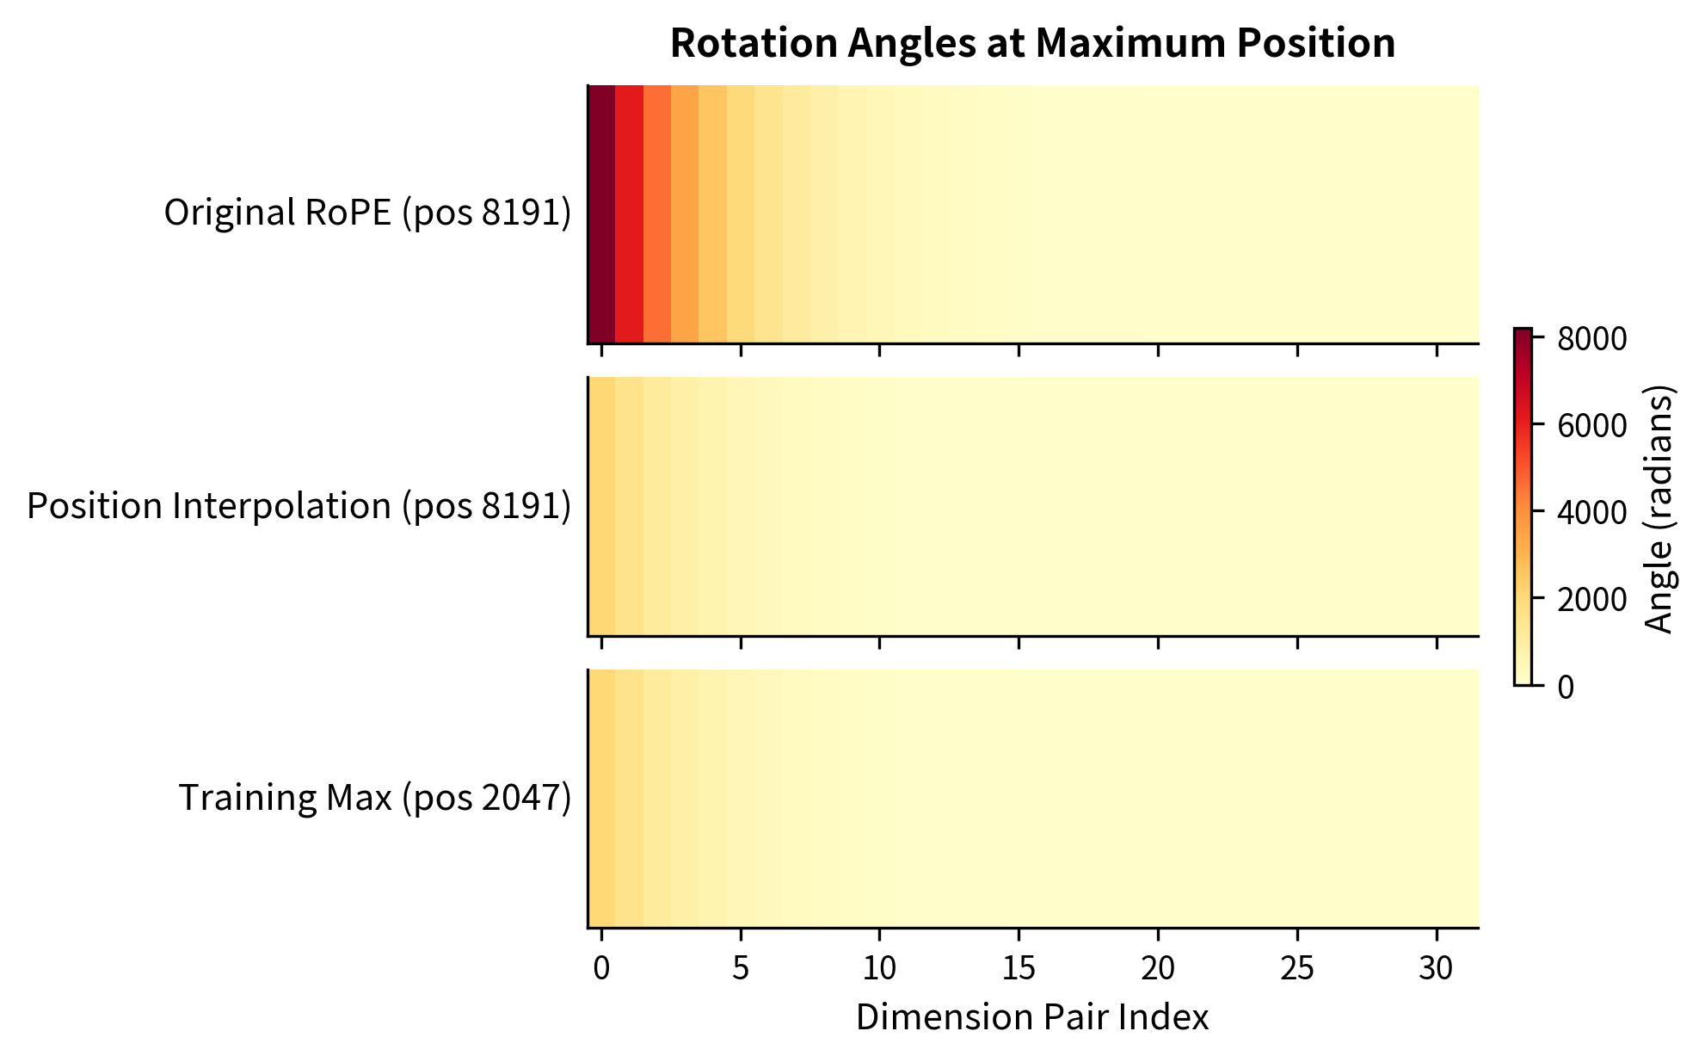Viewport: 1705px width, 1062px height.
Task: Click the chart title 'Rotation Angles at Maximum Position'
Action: click(x=1032, y=43)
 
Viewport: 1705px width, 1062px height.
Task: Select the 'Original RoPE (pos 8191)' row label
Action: click(x=367, y=213)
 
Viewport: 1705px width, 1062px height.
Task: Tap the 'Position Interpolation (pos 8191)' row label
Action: click(x=299, y=506)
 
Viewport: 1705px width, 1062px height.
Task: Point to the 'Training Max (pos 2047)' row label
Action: click(x=374, y=798)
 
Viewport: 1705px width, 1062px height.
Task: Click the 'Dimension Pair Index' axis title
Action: click(x=1032, y=1017)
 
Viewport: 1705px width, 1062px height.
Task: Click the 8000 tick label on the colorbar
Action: click(x=1592, y=339)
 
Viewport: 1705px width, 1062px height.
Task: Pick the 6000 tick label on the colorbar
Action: click(x=1592, y=426)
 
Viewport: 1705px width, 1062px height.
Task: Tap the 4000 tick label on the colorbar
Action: click(x=1592, y=513)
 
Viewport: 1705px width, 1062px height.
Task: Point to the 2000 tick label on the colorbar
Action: click(x=1592, y=600)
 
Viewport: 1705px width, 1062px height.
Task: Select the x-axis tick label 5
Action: click(x=741, y=969)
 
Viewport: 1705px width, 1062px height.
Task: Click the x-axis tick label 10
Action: click(x=879, y=969)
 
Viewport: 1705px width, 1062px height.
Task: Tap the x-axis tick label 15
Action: click(x=1019, y=969)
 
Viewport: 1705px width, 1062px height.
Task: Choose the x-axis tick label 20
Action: click(x=1158, y=969)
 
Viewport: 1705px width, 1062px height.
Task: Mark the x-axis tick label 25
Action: click(x=1297, y=969)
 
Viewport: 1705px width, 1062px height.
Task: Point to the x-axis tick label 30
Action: click(x=1436, y=969)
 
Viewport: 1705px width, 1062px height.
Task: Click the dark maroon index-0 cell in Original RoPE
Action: click(x=602, y=213)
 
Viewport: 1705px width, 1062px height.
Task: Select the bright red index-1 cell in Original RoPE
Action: click(x=630, y=213)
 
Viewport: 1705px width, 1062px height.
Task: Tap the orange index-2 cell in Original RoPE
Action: click(x=657, y=213)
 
